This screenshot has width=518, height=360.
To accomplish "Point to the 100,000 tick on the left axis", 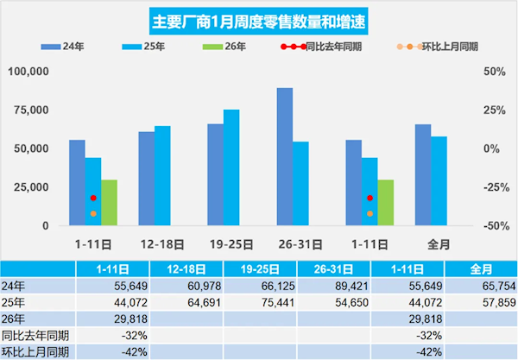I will click(x=30, y=71).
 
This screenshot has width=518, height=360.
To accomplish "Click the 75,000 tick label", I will click(x=34, y=110).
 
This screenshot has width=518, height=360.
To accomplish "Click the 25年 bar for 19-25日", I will click(x=231, y=167).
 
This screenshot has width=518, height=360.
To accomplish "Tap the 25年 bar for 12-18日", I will click(x=162, y=176).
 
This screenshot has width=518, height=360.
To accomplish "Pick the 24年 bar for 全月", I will click(x=423, y=175).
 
